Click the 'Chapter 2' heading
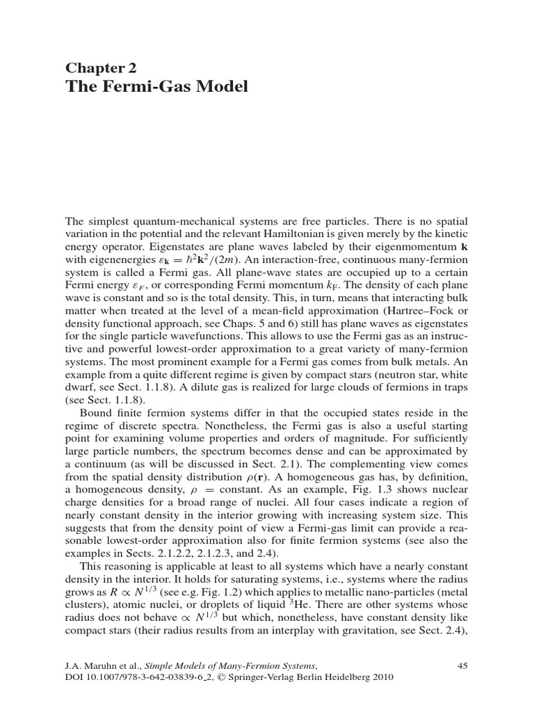click(101, 67)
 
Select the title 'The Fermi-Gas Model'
click(156, 88)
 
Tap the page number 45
click(462, 666)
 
